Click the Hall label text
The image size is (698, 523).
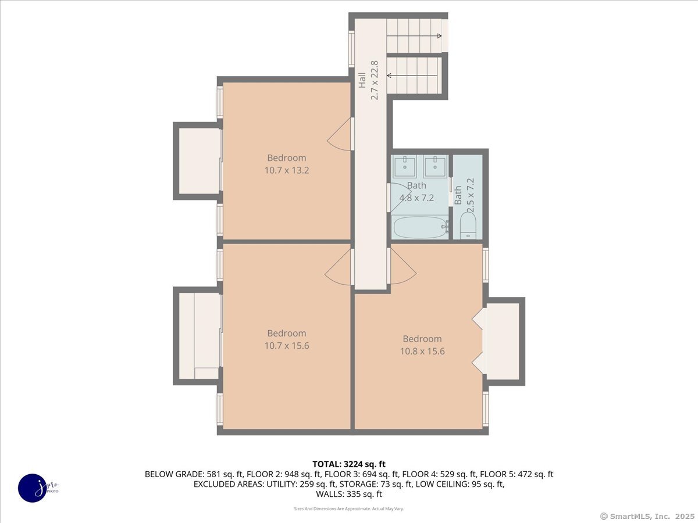(x=362, y=80)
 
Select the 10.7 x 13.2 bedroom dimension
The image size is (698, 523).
(x=286, y=170)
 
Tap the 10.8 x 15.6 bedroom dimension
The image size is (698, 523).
(x=422, y=351)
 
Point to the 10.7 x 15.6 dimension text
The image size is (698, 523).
(x=286, y=345)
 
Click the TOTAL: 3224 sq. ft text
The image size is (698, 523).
(x=349, y=464)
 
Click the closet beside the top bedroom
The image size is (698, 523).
(x=198, y=161)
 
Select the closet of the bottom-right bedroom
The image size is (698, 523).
(x=503, y=341)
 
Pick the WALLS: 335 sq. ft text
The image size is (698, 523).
(x=349, y=494)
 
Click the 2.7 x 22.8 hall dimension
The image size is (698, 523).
(x=375, y=80)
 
